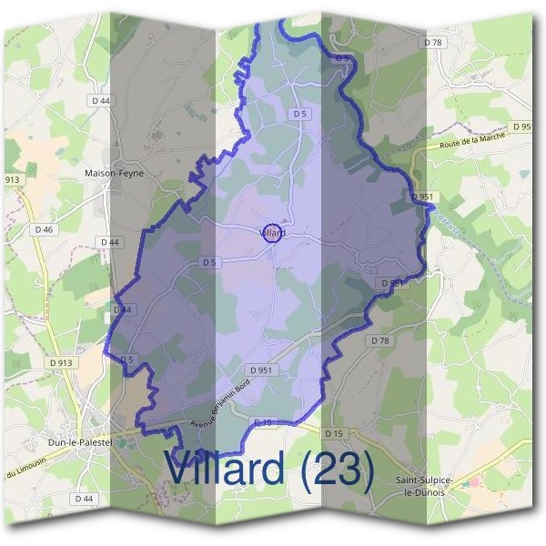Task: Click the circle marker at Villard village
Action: (x=271, y=233)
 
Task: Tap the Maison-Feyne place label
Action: (x=114, y=172)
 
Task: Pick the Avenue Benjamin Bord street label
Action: (x=232, y=402)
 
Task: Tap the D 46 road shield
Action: (x=43, y=230)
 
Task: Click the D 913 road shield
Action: (x=61, y=362)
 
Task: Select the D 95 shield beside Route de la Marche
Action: (x=522, y=126)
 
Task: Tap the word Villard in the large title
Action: (x=226, y=470)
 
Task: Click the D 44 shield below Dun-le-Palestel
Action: (x=83, y=498)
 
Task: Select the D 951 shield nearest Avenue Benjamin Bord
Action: (x=259, y=370)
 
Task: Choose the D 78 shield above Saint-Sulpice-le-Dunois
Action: (x=379, y=339)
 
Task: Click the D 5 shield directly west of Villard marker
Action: (x=209, y=262)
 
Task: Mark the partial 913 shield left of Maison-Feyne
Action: (x=11, y=180)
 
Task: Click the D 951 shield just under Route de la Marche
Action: (x=421, y=197)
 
